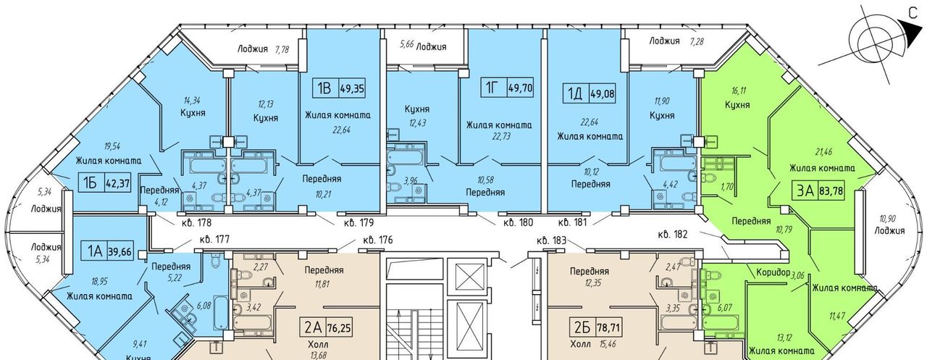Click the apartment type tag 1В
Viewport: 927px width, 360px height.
click(x=324, y=88)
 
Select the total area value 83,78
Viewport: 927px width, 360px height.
click(x=831, y=191)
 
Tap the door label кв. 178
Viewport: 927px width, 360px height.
click(x=196, y=223)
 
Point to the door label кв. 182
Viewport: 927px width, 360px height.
click(x=673, y=235)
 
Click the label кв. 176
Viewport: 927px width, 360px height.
click(x=377, y=240)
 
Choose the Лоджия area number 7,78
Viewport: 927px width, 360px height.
click(x=282, y=50)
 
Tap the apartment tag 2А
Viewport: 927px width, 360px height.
click(x=313, y=327)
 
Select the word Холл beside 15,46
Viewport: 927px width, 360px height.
click(x=580, y=344)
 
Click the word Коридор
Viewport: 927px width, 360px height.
click(x=773, y=272)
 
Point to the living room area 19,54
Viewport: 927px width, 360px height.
click(x=112, y=147)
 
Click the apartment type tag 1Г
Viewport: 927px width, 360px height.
click(x=491, y=88)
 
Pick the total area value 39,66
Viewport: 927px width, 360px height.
click(x=120, y=251)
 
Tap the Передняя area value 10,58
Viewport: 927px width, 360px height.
click(x=485, y=180)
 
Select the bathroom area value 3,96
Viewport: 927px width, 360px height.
click(x=411, y=181)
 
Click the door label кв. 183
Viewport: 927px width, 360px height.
click(x=551, y=240)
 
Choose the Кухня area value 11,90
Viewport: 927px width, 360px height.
click(x=662, y=101)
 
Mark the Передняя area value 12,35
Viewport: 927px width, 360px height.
click(x=591, y=284)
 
